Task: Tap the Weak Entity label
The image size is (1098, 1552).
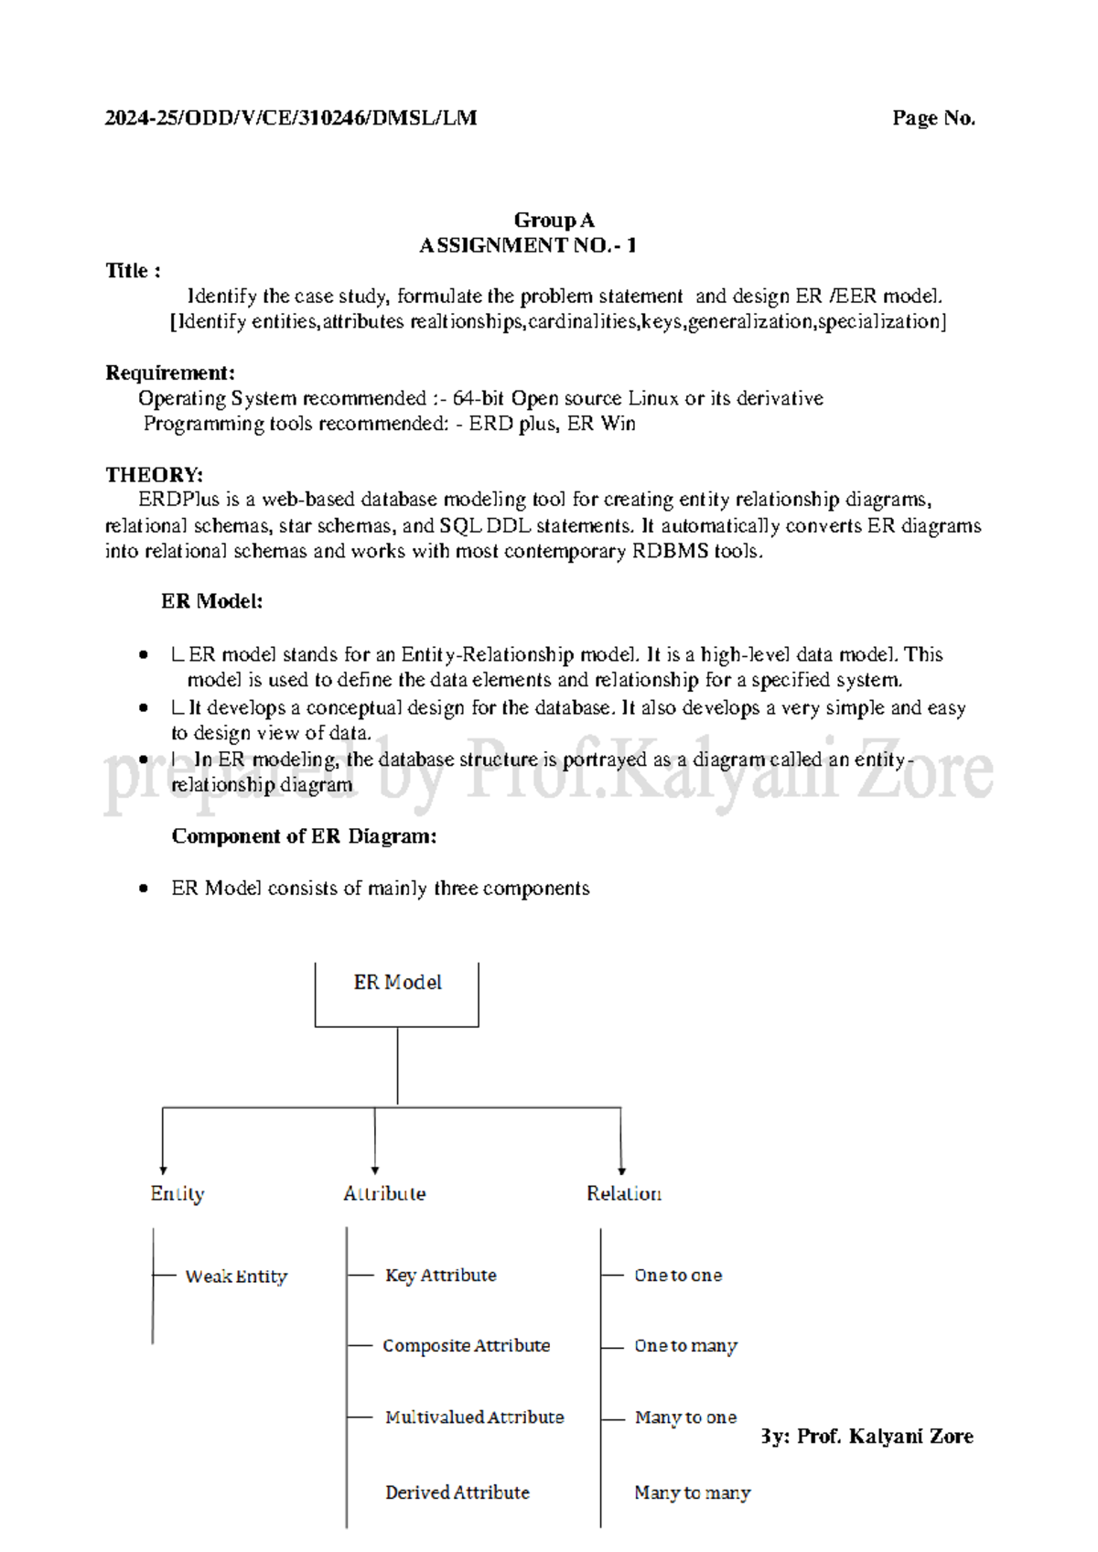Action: (236, 1276)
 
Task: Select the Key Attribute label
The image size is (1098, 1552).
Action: (440, 1275)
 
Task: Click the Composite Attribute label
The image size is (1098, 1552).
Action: (466, 1345)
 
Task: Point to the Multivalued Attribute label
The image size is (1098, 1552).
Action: (474, 1417)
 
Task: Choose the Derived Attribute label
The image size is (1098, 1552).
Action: (457, 1492)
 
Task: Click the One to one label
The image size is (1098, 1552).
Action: (678, 1275)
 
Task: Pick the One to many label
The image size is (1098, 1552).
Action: (685, 1345)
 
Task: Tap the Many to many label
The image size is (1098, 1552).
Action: (692, 1492)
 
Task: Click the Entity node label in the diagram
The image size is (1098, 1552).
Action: (178, 1193)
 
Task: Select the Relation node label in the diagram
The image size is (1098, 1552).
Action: (624, 1193)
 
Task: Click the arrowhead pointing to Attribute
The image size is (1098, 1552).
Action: (375, 1169)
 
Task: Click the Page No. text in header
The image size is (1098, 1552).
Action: (933, 118)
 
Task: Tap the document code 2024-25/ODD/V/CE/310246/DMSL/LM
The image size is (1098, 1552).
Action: (291, 118)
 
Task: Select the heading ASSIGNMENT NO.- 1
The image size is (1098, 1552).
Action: (528, 245)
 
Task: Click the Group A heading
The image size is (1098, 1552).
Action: (554, 220)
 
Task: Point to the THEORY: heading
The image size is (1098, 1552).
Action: (154, 474)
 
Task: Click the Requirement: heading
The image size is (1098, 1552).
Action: (170, 372)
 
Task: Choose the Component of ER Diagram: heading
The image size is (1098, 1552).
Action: (304, 835)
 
